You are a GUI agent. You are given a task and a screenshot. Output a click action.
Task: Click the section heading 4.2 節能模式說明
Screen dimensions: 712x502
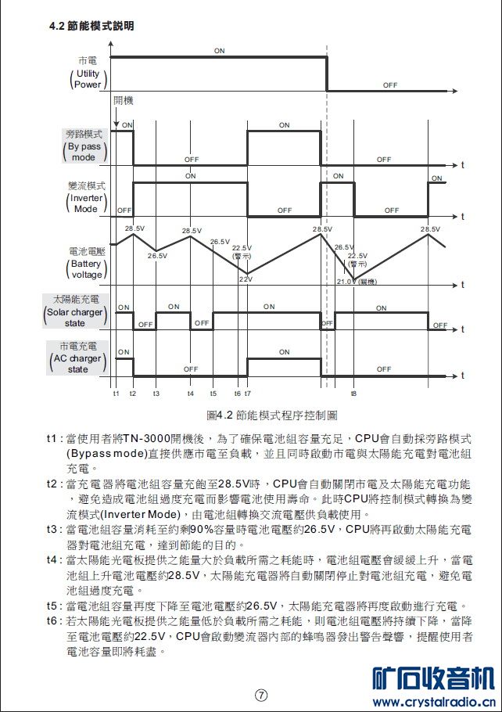coord(91,26)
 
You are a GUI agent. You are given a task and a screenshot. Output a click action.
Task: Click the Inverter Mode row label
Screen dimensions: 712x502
coord(86,198)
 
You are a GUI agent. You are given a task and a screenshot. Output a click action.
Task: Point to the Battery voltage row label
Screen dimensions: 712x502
coord(86,264)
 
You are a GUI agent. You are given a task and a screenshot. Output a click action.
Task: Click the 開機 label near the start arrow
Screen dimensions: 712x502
coord(123,101)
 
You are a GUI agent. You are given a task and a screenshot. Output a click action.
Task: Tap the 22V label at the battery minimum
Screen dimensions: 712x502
coord(245,279)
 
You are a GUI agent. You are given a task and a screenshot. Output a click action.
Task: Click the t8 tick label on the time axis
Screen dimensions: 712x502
coord(354,393)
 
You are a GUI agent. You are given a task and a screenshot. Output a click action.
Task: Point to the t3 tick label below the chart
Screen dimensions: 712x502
coord(156,393)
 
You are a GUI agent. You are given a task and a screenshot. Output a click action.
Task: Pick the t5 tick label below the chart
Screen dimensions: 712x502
coord(213,393)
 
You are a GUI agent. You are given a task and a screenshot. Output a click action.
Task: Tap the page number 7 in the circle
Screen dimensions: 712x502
coord(261,694)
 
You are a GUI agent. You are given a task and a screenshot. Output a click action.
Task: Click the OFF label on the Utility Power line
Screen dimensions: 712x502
coord(390,85)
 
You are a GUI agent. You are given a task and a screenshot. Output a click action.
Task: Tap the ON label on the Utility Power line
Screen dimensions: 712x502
coord(219,50)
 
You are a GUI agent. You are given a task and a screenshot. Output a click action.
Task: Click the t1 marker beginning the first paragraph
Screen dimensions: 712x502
coord(52,438)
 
